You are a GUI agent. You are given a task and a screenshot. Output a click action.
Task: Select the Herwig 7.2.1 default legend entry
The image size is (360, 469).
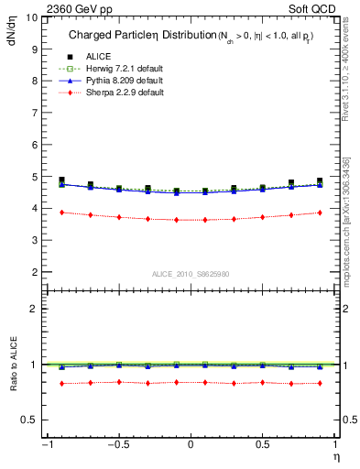pyautogui.click(x=118, y=69)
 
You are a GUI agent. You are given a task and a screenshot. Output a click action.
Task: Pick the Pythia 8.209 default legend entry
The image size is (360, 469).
pyautogui.click(x=117, y=81)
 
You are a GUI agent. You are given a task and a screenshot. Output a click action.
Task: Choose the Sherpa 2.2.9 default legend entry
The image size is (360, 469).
pyautogui.click(x=118, y=93)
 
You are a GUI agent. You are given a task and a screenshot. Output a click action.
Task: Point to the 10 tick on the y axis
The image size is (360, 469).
pyautogui.click(x=34, y=17)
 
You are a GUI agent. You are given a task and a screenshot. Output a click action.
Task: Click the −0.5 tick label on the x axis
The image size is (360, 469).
pyautogui.click(x=117, y=445)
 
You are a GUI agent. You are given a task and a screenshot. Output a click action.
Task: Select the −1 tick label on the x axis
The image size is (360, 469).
pyautogui.click(x=46, y=445)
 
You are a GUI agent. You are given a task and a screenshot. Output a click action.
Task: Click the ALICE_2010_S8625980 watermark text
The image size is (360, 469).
pyautogui.click(x=190, y=274)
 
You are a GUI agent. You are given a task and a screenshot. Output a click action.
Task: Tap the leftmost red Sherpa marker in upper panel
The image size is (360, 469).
pyautogui.click(x=61, y=213)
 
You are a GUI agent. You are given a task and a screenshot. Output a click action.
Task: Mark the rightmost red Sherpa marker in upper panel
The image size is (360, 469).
pyautogui.click(x=320, y=213)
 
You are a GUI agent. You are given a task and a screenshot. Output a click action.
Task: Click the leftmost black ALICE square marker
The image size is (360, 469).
pyautogui.click(x=61, y=180)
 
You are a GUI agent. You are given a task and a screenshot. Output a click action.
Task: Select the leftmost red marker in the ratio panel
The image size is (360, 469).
pyautogui.click(x=61, y=383)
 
